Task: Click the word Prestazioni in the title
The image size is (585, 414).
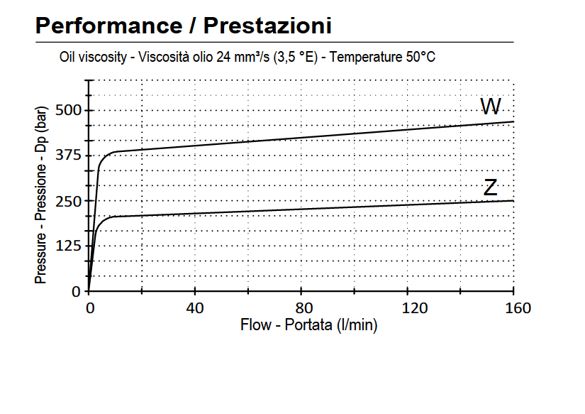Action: (x=268, y=26)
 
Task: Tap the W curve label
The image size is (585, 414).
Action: (x=491, y=107)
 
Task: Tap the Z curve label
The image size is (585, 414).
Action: (x=490, y=188)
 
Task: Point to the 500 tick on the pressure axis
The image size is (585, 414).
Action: (x=69, y=110)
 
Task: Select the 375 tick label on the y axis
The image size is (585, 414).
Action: (x=69, y=156)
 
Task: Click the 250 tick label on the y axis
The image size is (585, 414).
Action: (x=69, y=201)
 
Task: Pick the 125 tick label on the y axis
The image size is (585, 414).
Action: (x=69, y=246)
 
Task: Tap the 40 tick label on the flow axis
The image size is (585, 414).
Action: (x=195, y=308)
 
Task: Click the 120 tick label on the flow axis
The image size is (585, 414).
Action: (x=408, y=308)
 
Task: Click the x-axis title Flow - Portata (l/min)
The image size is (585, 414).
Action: (x=308, y=326)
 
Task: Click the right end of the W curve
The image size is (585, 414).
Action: (x=513, y=122)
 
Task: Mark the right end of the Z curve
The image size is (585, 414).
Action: (x=513, y=201)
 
